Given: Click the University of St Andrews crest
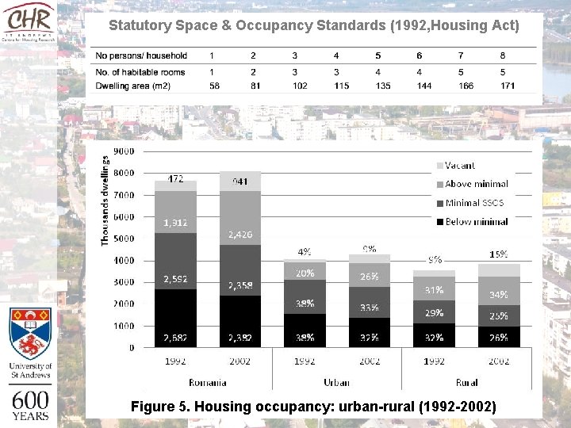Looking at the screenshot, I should point(30,334).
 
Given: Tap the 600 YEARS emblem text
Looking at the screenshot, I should point(30,404).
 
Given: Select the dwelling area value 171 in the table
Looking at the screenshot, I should point(503,85).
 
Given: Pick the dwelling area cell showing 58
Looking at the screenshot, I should point(215,85).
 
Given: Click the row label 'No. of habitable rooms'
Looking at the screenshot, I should point(140,71).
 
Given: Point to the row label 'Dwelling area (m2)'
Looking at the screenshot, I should point(132,85).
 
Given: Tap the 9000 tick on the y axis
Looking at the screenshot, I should point(124,151).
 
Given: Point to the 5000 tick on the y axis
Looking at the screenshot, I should point(124,239).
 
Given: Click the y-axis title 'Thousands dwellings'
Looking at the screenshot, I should point(105,200).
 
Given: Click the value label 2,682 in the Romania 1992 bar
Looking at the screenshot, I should point(175,338).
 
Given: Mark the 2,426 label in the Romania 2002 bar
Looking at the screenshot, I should point(240,235).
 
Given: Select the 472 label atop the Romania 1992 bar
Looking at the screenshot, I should point(175,178).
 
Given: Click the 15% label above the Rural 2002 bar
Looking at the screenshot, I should point(499,254).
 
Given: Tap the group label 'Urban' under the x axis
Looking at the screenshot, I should point(336,383).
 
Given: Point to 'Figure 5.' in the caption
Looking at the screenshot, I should point(160,407).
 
